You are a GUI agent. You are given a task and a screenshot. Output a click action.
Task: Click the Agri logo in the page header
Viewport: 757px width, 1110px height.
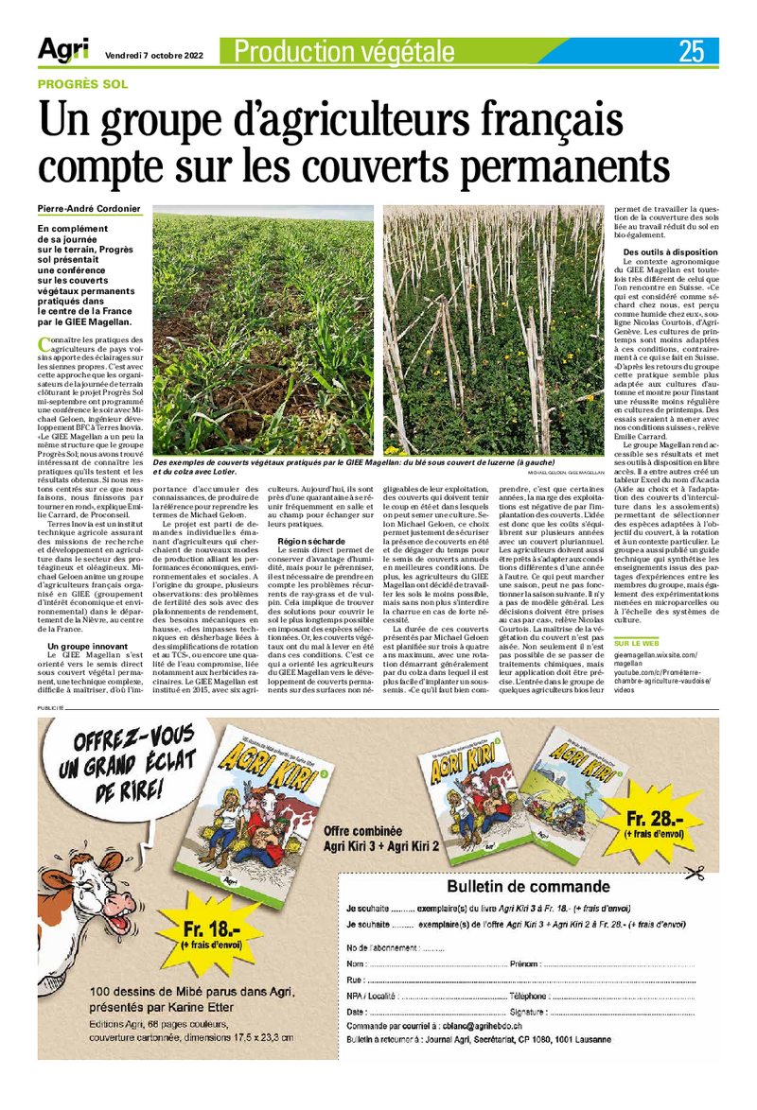63,51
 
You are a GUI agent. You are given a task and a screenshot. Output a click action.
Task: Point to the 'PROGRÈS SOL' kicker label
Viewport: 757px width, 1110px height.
82,84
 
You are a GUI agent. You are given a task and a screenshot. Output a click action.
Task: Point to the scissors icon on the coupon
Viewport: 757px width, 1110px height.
695,873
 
